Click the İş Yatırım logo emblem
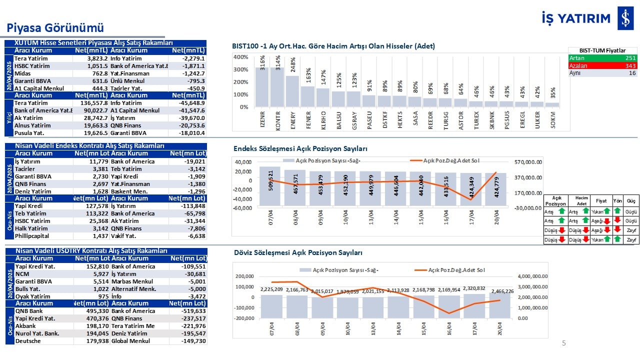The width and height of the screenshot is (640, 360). click(x=625, y=18)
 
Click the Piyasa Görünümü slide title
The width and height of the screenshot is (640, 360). click(x=55, y=27)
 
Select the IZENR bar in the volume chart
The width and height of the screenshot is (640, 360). click(x=262, y=87)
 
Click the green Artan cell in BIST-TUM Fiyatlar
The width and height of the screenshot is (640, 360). click(x=602, y=58)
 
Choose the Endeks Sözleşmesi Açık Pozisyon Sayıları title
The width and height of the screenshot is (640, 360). click(x=300, y=149)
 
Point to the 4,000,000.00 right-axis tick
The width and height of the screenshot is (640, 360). click(x=533, y=276)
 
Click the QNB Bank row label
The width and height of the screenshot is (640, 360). click(x=29, y=311)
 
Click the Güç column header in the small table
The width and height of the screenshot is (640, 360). click(x=631, y=200)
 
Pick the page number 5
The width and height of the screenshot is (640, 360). click(x=564, y=343)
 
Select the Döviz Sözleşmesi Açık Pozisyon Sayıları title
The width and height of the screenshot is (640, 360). click(x=298, y=253)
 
